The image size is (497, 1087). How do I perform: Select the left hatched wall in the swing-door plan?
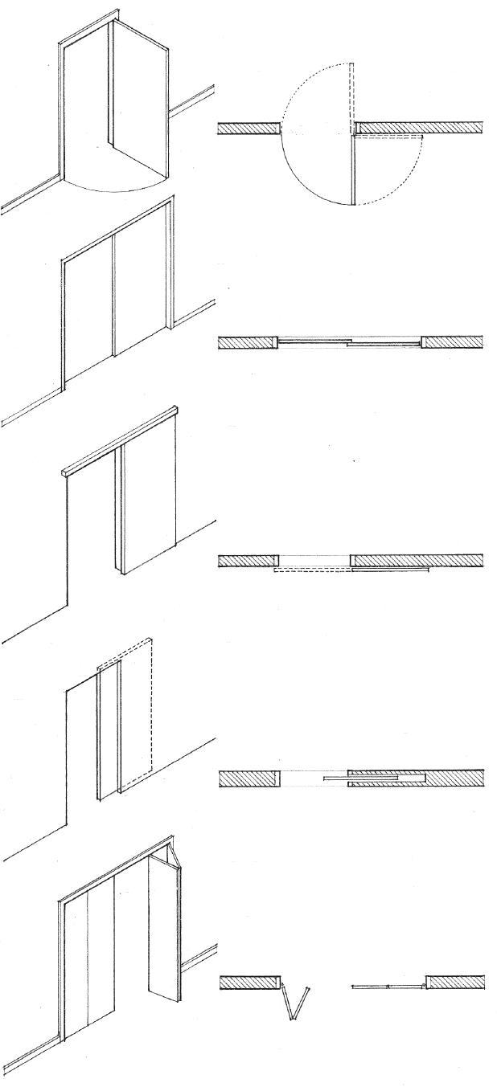[x=249, y=128]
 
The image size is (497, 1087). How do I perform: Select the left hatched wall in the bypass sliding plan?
[x=248, y=342]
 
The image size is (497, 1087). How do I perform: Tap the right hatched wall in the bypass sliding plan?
[x=454, y=342]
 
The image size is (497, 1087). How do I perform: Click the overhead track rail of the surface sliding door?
[x=121, y=442]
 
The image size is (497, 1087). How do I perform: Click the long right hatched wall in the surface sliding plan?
[x=417, y=560]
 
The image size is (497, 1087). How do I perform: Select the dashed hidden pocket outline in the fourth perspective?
[x=137, y=707]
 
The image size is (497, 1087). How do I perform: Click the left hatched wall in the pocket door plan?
[x=249, y=778]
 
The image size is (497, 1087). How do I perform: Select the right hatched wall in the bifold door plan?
[x=455, y=982]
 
